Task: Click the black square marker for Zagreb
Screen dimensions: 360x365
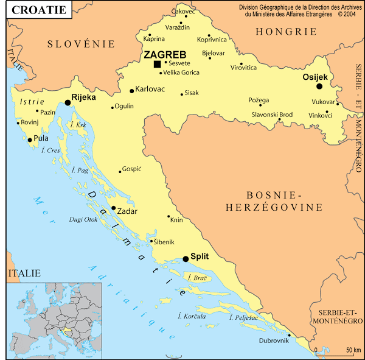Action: coord(157,64)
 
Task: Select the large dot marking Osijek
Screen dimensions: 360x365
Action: coord(319,86)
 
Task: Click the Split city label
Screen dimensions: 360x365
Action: coord(200,256)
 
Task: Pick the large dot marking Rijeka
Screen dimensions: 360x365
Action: coord(68,103)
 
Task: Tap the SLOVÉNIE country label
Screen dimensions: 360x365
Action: coord(82,43)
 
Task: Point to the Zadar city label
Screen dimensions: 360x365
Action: coord(127,211)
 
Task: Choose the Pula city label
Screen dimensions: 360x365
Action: coord(41,138)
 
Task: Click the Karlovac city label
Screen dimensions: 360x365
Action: coord(150,89)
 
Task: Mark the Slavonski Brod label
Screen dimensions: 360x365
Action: coord(272,115)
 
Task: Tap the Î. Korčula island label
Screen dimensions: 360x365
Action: coord(192,316)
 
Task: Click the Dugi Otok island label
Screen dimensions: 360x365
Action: coord(83,219)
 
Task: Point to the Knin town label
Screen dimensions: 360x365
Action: coord(176,220)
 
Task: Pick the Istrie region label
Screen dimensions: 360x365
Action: coord(32,101)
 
